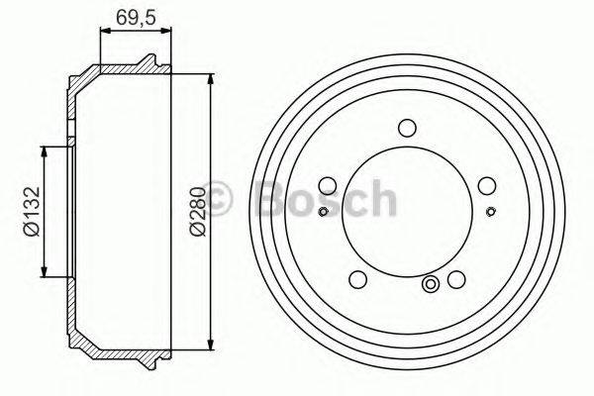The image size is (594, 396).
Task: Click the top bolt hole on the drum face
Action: pos(405,127)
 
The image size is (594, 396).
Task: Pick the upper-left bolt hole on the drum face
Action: pos(328,184)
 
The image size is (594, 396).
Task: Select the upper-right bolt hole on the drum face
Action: pos(484,184)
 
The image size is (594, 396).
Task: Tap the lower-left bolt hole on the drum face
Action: pos(357,277)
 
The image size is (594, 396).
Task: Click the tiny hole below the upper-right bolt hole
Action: pos(490,210)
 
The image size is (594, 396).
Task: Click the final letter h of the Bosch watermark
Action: pos(381,198)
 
